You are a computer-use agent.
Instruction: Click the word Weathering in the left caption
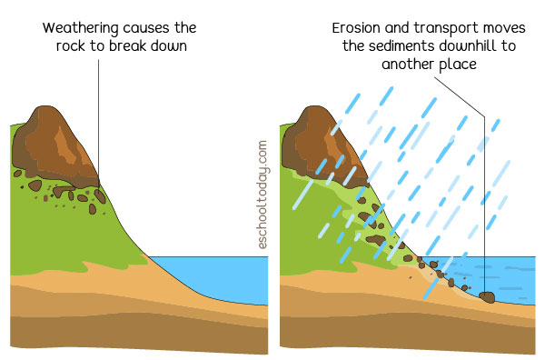click(x=80, y=28)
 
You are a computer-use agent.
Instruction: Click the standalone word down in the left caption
click(x=169, y=45)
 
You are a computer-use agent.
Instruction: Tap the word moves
click(x=503, y=28)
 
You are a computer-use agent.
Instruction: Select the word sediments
click(x=403, y=46)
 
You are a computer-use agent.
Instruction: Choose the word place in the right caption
click(x=461, y=65)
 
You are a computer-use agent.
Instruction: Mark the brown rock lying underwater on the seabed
click(x=486, y=296)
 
